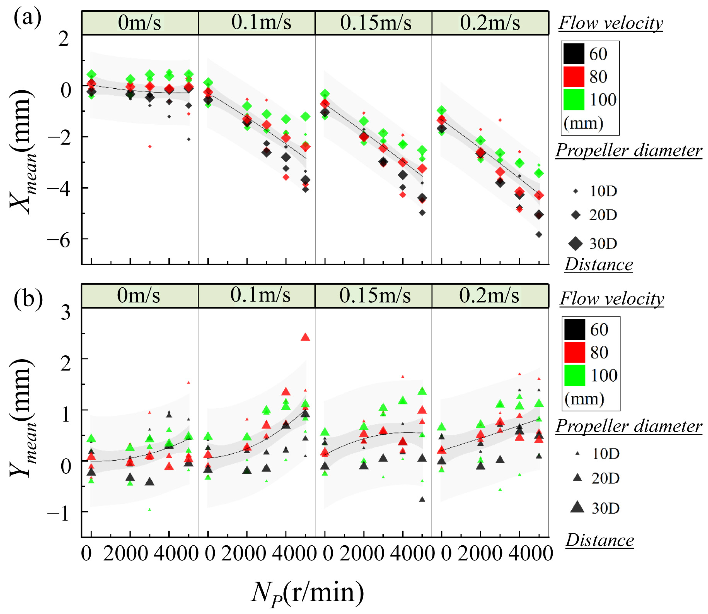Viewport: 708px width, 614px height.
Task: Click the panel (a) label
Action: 28,19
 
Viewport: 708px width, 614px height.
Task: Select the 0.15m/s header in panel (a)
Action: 376,23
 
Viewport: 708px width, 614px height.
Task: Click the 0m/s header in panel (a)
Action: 139,23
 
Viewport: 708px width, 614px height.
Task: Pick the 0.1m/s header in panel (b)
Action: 260,295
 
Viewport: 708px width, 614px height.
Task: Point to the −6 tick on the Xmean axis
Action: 58,241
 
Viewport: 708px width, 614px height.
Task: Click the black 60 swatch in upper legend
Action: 574,54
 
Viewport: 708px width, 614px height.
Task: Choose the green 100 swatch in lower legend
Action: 575,375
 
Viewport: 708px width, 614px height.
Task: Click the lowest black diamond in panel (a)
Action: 539,234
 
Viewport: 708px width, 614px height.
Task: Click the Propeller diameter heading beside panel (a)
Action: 629,150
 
